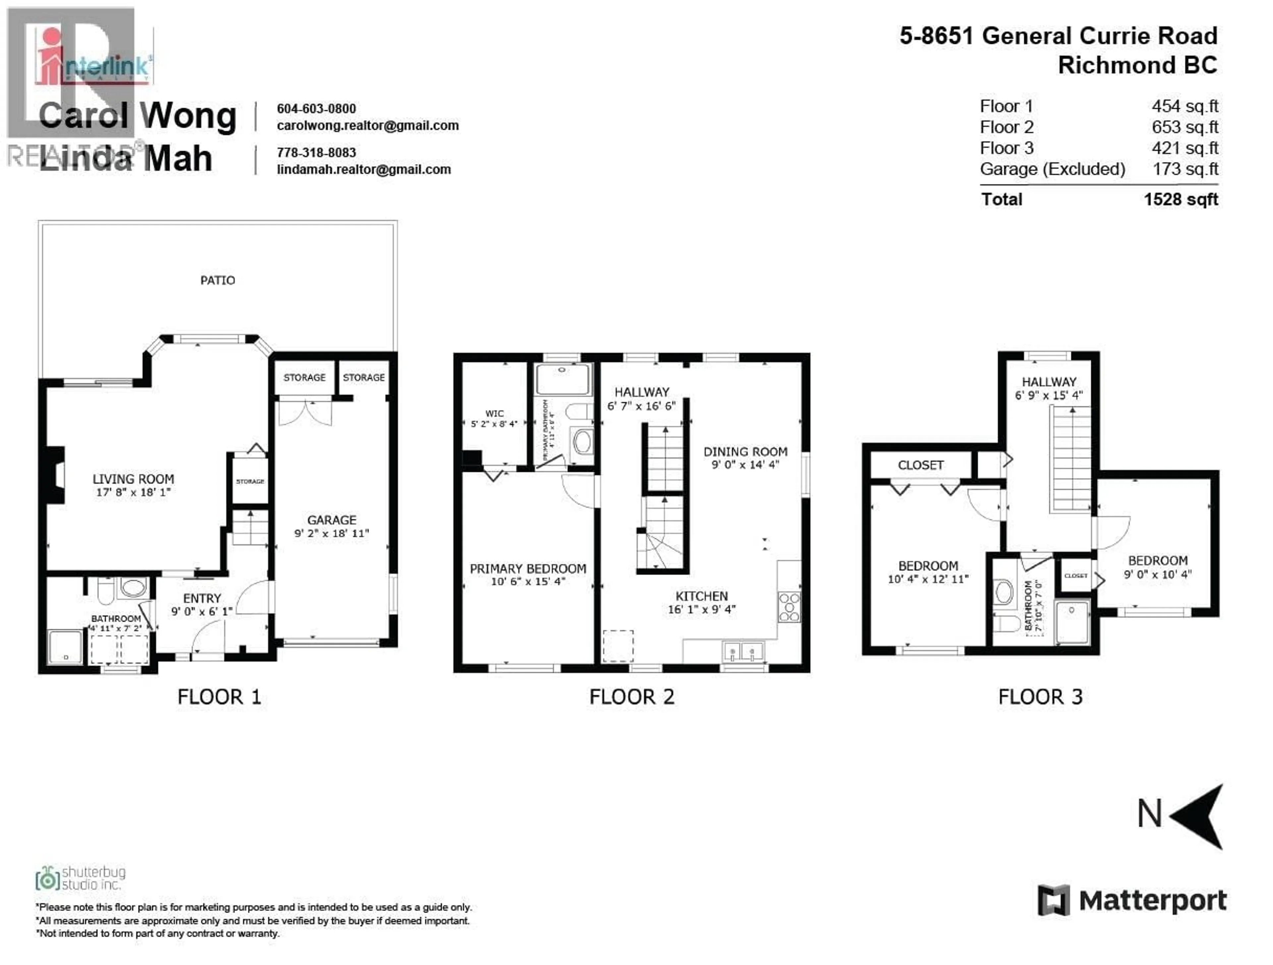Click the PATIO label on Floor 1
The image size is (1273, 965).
(x=217, y=280)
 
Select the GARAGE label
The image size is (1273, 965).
(x=332, y=520)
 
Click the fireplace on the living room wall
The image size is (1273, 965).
(x=56, y=475)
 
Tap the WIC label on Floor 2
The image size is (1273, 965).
(x=494, y=413)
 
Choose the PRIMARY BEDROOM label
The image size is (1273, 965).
(x=528, y=569)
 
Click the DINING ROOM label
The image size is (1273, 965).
(x=745, y=452)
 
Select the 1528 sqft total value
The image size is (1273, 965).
(x=1181, y=200)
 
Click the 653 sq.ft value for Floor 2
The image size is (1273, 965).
(x=1185, y=127)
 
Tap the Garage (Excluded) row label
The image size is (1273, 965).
(x=1053, y=169)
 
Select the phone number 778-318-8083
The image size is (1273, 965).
(x=317, y=152)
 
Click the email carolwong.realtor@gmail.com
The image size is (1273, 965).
(x=368, y=126)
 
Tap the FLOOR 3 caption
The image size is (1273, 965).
(x=1040, y=697)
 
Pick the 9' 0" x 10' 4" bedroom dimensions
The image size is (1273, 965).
(x=1157, y=574)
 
